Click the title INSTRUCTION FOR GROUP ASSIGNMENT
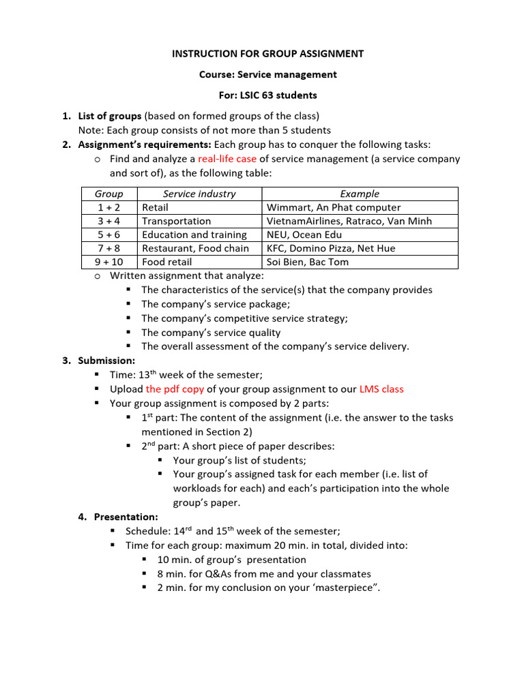click(267, 54)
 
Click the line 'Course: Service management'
click(267, 74)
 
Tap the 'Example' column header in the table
click(360, 194)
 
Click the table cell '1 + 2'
click(109, 207)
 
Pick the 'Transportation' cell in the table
click(176, 221)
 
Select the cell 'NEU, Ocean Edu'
click(304, 234)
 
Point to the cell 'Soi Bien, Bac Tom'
click(308, 262)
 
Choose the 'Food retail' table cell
click(166, 262)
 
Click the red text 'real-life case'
click(227, 159)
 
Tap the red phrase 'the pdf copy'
click(175, 389)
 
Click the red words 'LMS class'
click(381, 389)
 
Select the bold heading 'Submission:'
click(106, 361)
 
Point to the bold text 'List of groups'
click(110, 116)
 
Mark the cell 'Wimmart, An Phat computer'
click(334, 207)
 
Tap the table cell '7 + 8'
click(109, 248)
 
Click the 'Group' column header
click(109, 194)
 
